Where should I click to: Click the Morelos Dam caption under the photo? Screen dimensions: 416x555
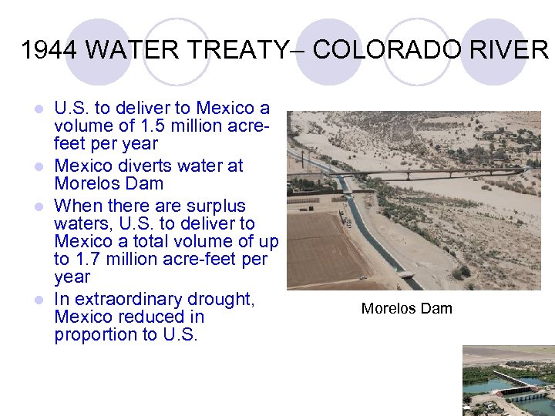pos(406,309)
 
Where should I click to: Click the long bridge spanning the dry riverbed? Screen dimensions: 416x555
pos(432,173)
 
